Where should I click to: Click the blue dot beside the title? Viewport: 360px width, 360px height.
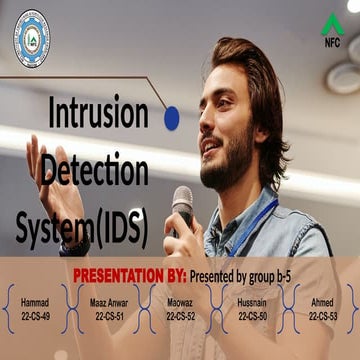(171, 118)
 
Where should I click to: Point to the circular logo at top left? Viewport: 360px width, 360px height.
(30, 37)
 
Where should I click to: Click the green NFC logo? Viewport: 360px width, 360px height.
(331, 29)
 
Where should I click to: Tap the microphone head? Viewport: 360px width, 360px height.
(182, 197)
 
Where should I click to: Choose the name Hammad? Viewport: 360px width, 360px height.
(34, 301)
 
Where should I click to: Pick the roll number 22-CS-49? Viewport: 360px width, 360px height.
(34, 315)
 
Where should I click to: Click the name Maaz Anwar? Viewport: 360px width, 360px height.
(109, 301)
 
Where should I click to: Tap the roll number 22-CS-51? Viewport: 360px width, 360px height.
(109, 315)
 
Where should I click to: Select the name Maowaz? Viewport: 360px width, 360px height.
(181, 301)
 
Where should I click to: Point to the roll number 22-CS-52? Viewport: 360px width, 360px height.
(181, 315)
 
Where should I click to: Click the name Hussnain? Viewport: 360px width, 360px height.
(252, 301)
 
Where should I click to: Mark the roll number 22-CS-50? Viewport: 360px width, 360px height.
(252, 315)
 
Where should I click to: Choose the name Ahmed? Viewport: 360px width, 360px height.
(322, 301)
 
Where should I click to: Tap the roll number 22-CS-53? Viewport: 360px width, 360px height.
(322, 315)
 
